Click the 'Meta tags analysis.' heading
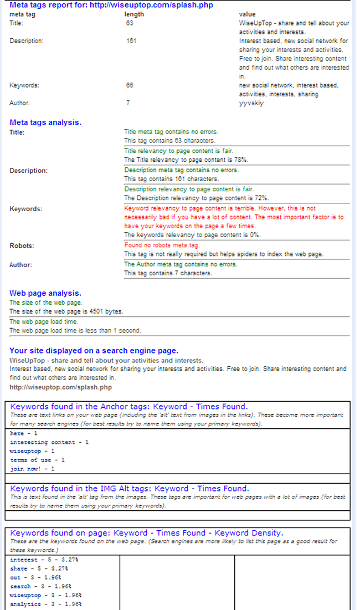coord(45,122)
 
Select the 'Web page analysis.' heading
coord(45,293)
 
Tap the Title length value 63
coord(130,23)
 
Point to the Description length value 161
coord(131,41)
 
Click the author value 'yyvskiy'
coord(251,103)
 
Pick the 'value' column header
coord(247,14)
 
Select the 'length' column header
coord(134,14)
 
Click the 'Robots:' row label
coord(22,245)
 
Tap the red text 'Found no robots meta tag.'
coord(162,245)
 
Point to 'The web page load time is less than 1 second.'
coord(75,331)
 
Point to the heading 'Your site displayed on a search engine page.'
coord(94,351)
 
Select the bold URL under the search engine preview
coord(60,387)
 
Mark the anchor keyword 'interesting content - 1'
coord(49,442)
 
